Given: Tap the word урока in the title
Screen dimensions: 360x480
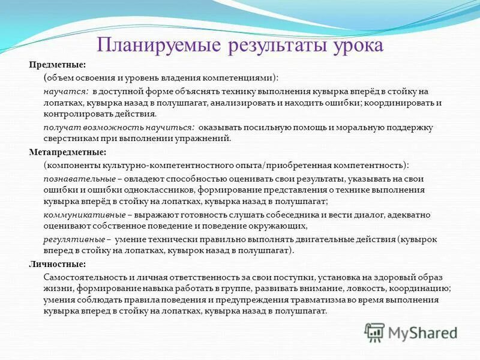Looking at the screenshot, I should (x=353, y=46).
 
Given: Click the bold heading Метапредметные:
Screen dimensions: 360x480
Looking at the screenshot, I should (x=67, y=152).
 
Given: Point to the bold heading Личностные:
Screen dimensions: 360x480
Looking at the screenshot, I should (x=57, y=264).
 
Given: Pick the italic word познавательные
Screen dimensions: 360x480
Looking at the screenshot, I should (x=79, y=178).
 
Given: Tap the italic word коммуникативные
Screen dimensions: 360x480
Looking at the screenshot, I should (x=85, y=215).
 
